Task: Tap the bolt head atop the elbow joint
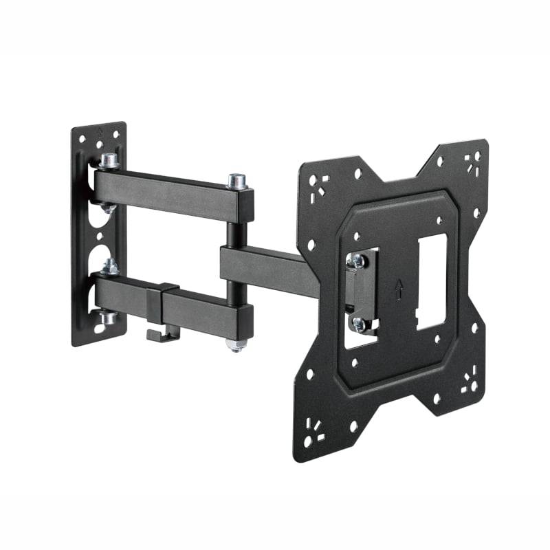click(237, 181)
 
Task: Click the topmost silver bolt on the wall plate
click(108, 161)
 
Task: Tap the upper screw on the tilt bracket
click(357, 260)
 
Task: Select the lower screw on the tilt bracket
click(358, 322)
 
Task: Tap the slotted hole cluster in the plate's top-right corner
click(472, 164)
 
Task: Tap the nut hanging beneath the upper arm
click(108, 207)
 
